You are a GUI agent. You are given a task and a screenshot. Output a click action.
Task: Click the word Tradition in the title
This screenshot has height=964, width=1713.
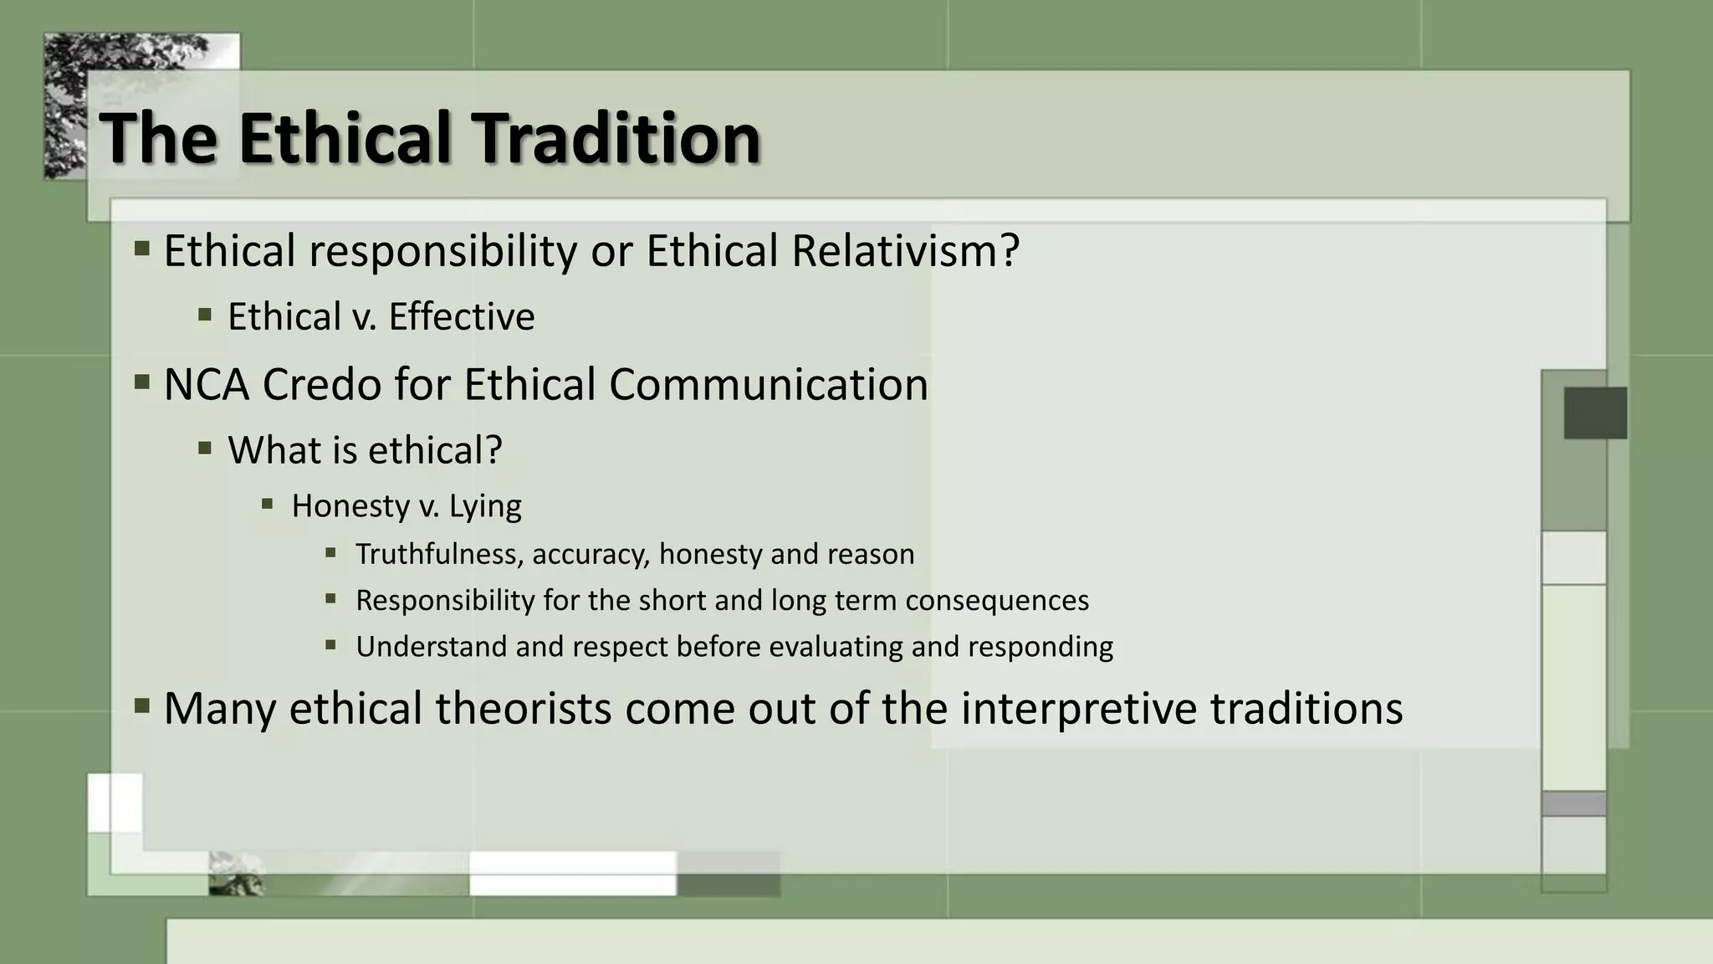pyautogui.click(x=616, y=138)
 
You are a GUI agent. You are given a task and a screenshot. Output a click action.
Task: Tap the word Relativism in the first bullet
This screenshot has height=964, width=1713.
pyautogui.click(x=905, y=251)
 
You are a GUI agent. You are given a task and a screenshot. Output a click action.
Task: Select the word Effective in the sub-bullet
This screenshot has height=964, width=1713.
pyautogui.click(x=461, y=317)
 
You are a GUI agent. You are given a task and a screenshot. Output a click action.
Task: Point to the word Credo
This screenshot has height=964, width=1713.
pyautogui.click(x=321, y=385)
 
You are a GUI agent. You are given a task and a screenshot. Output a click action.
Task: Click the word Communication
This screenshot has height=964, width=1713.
pyautogui.click(x=768, y=385)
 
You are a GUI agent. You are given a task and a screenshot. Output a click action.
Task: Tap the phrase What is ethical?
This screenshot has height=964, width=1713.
pyautogui.click(x=365, y=450)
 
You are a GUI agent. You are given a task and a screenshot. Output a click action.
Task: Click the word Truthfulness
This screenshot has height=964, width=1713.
pyautogui.click(x=439, y=554)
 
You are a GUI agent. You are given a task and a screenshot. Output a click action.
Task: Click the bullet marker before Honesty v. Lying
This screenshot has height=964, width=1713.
pyautogui.click(x=268, y=504)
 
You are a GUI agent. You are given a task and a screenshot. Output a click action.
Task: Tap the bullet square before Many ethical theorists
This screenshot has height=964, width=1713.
pyautogui.click(x=142, y=706)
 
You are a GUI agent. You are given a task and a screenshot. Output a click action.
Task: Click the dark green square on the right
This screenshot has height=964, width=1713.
pyautogui.click(x=1595, y=413)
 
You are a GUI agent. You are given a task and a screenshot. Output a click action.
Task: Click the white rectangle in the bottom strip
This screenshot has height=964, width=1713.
pyautogui.click(x=572, y=874)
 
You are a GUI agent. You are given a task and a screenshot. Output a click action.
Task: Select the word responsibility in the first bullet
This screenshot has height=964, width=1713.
pyautogui.click(x=442, y=251)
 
